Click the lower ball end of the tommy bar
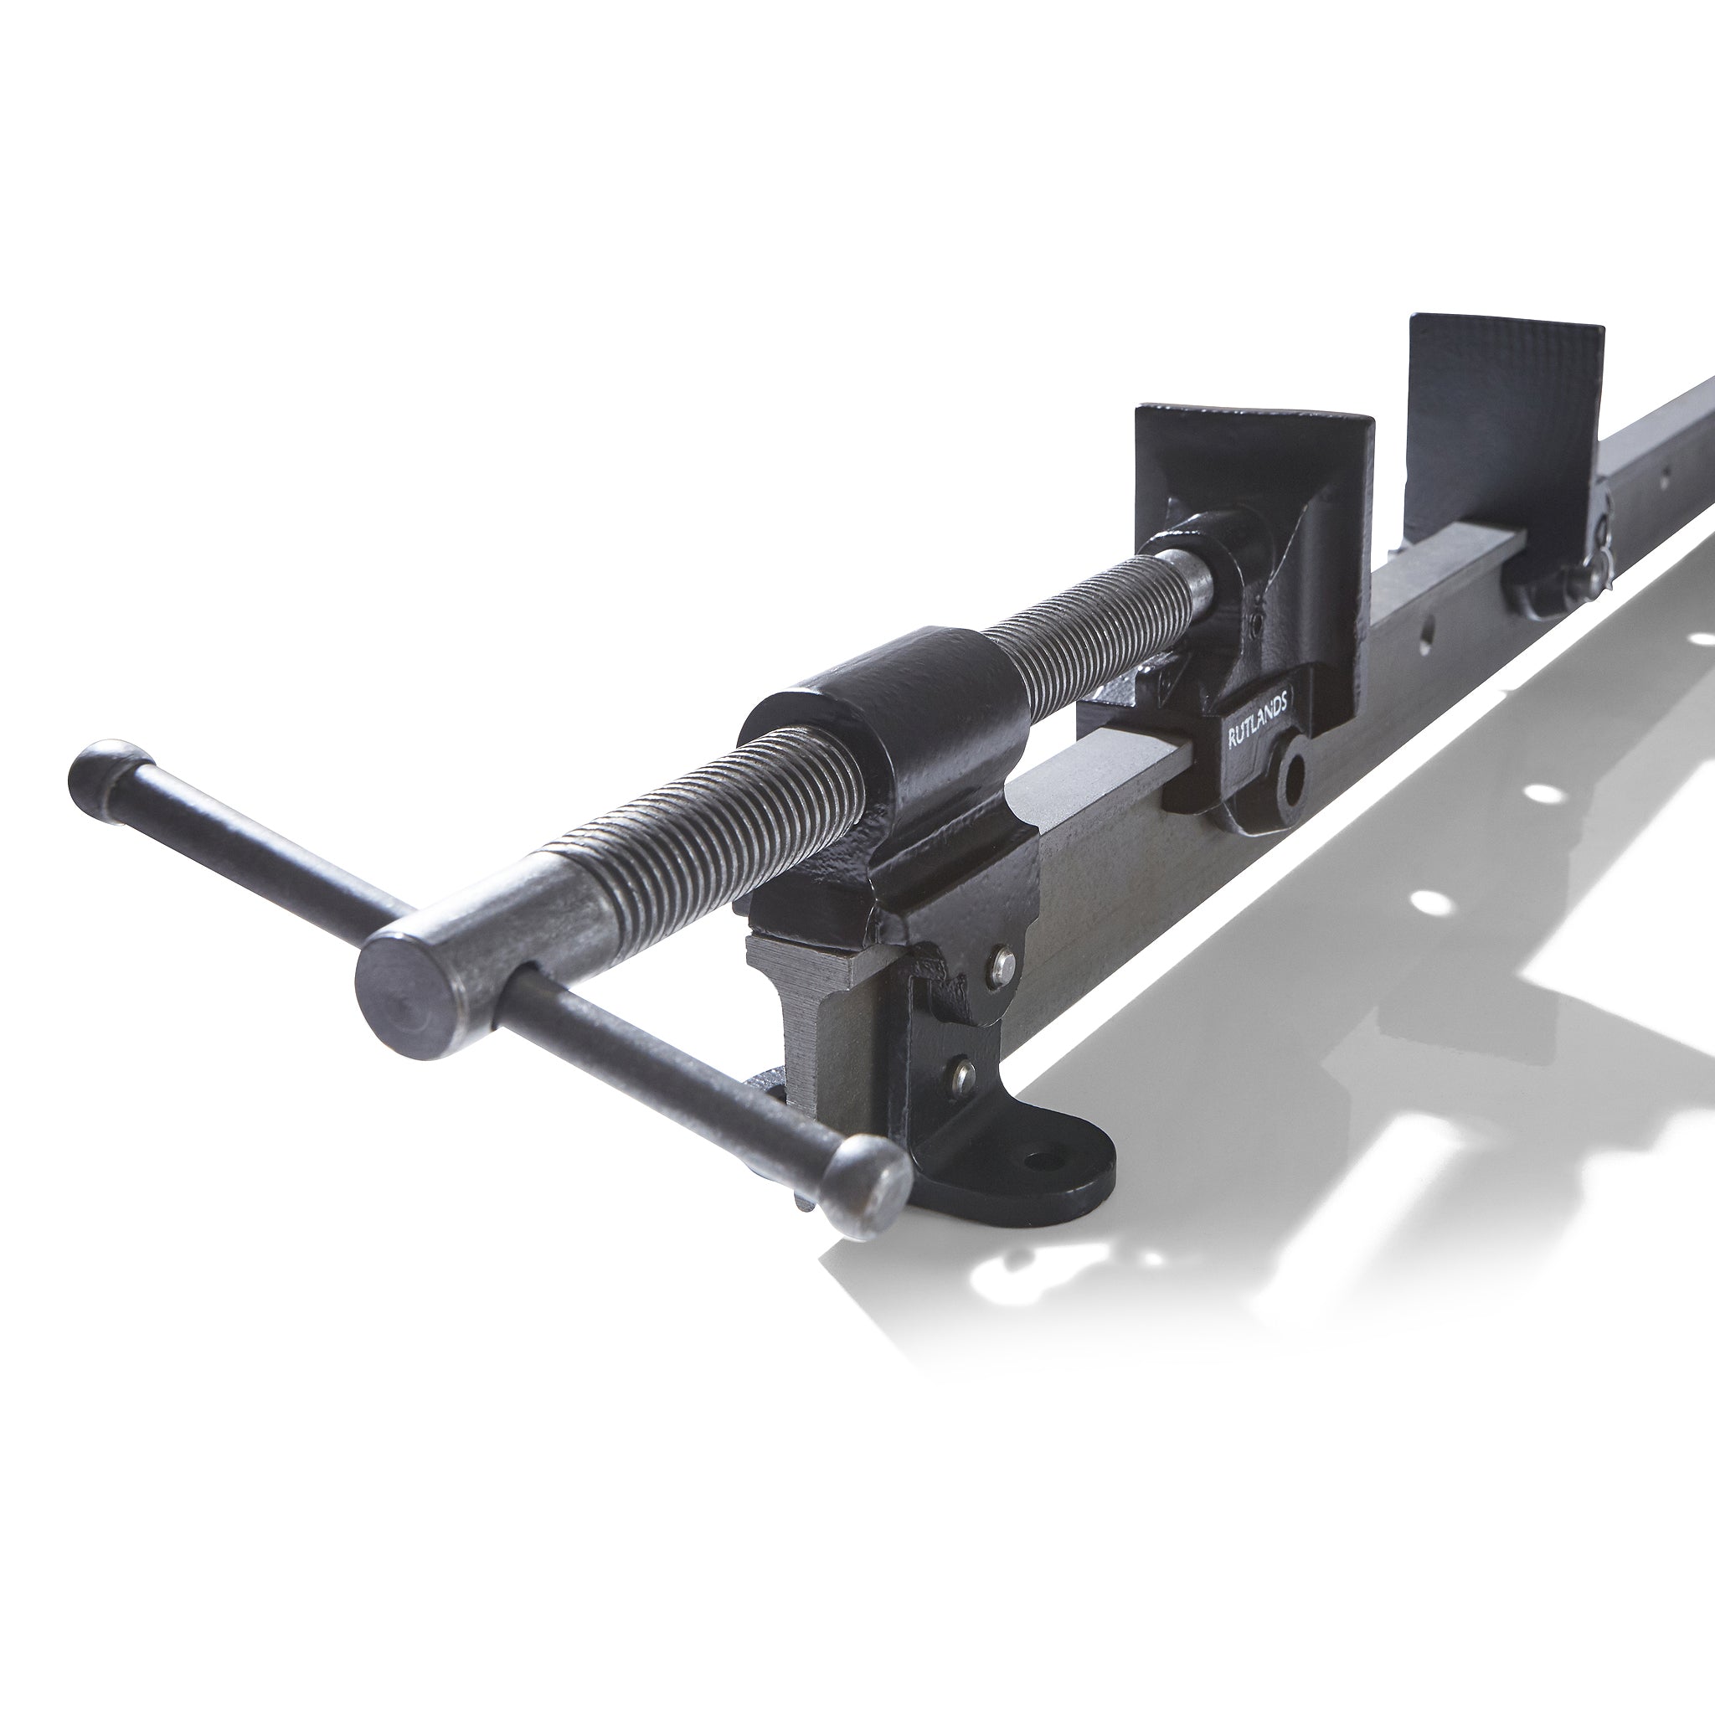867,1183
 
